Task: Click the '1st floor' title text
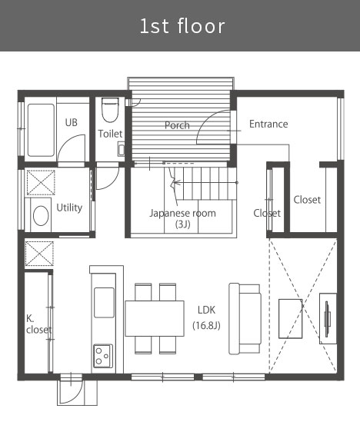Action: pos(182,26)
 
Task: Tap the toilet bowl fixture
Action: pos(110,110)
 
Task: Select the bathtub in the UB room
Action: pos(41,130)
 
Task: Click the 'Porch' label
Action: pos(177,125)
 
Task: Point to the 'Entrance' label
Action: pos(268,124)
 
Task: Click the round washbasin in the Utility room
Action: pos(41,215)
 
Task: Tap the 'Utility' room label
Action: pos(69,208)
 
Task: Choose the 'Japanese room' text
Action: pos(182,213)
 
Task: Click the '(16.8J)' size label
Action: pos(206,325)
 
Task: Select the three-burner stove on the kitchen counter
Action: pos(103,356)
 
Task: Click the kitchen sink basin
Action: pos(104,303)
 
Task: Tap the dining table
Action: pos(155,318)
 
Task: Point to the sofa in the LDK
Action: pos(245,319)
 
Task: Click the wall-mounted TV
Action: pos(327,319)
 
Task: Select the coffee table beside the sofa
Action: pos(290,319)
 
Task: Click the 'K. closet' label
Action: pos(39,324)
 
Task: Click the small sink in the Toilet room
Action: pos(122,149)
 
